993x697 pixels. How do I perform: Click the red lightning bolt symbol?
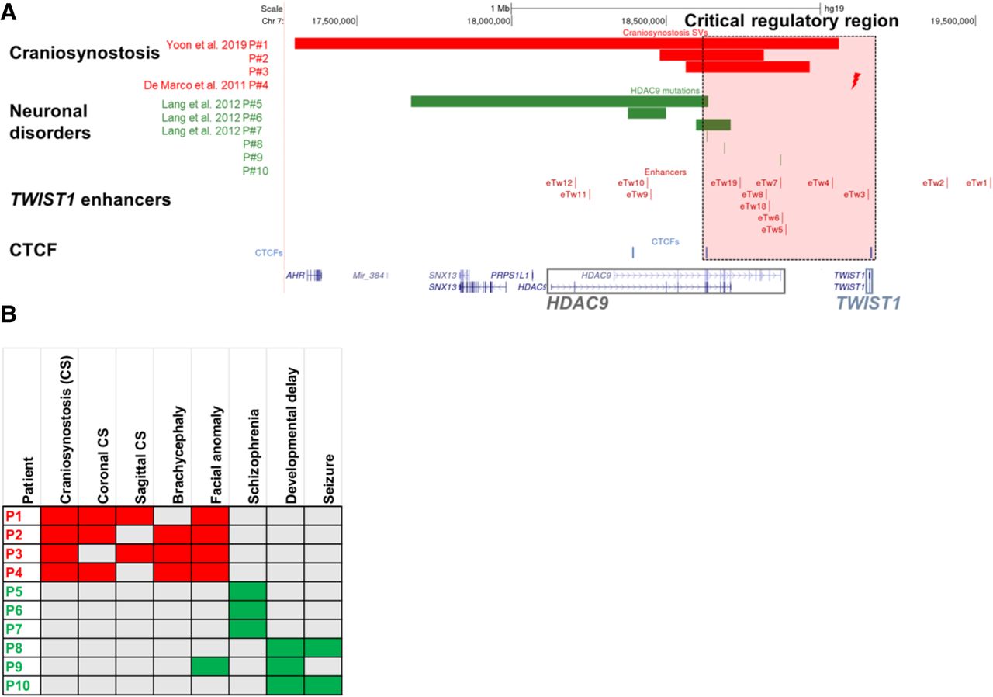pos(856,80)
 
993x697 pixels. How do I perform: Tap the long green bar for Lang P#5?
pos(559,101)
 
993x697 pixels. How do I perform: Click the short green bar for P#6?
pos(646,113)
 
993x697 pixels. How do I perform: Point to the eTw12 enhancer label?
pos(559,182)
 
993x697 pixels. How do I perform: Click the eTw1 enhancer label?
pos(977,182)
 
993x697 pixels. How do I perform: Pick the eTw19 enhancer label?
pos(724,182)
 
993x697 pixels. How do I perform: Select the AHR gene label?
pos(295,275)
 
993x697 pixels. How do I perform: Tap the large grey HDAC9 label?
pos(576,303)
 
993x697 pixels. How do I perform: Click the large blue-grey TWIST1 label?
pos(868,303)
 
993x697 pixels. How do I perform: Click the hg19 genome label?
pos(834,8)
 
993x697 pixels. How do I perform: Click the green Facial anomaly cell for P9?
pos(209,666)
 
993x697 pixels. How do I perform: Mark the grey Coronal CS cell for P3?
pos(97,553)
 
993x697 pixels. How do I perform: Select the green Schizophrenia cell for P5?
pos(247,591)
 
